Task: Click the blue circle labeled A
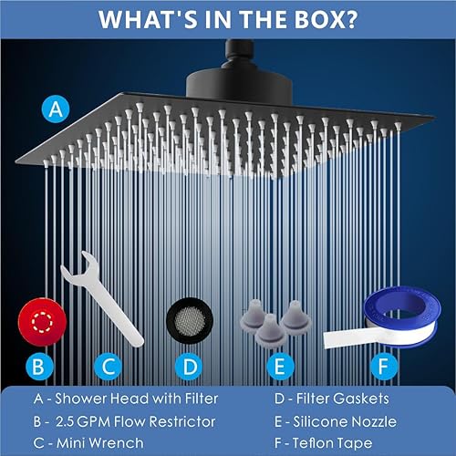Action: click(56, 109)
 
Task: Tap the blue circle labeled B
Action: click(39, 367)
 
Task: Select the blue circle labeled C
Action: click(109, 367)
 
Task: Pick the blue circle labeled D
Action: click(189, 367)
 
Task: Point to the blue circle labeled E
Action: click(280, 367)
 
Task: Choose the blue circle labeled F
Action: click(384, 367)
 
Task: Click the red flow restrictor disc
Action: click(42, 322)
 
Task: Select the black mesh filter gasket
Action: click(190, 320)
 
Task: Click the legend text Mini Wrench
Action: click(100, 443)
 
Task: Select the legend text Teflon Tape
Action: click(332, 443)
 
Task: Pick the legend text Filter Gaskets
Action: click(343, 399)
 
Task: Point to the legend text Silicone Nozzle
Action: click(345, 421)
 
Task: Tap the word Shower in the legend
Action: click(80, 399)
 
